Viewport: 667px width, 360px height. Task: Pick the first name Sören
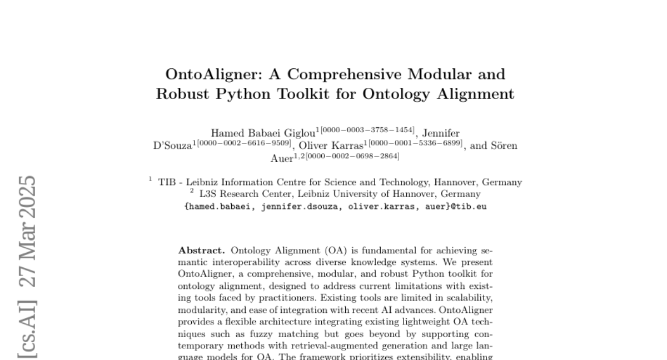(503, 146)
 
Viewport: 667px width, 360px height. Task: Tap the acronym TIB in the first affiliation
(167, 182)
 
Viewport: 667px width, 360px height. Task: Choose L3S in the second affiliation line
(208, 194)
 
